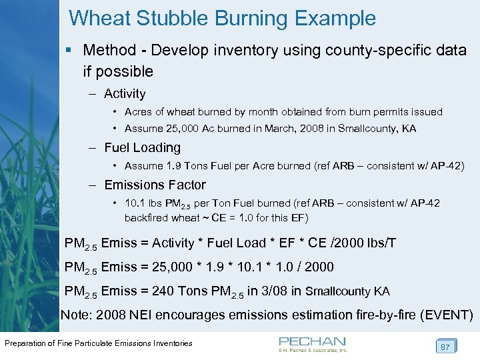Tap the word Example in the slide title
click(x=335, y=18)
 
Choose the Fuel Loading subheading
click(x=142, y=147)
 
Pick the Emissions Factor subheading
click(x=155, y=185)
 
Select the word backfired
click(x=146, y=217)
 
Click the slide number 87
click(x=444, y=347)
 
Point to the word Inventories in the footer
click(x=170, y=343)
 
